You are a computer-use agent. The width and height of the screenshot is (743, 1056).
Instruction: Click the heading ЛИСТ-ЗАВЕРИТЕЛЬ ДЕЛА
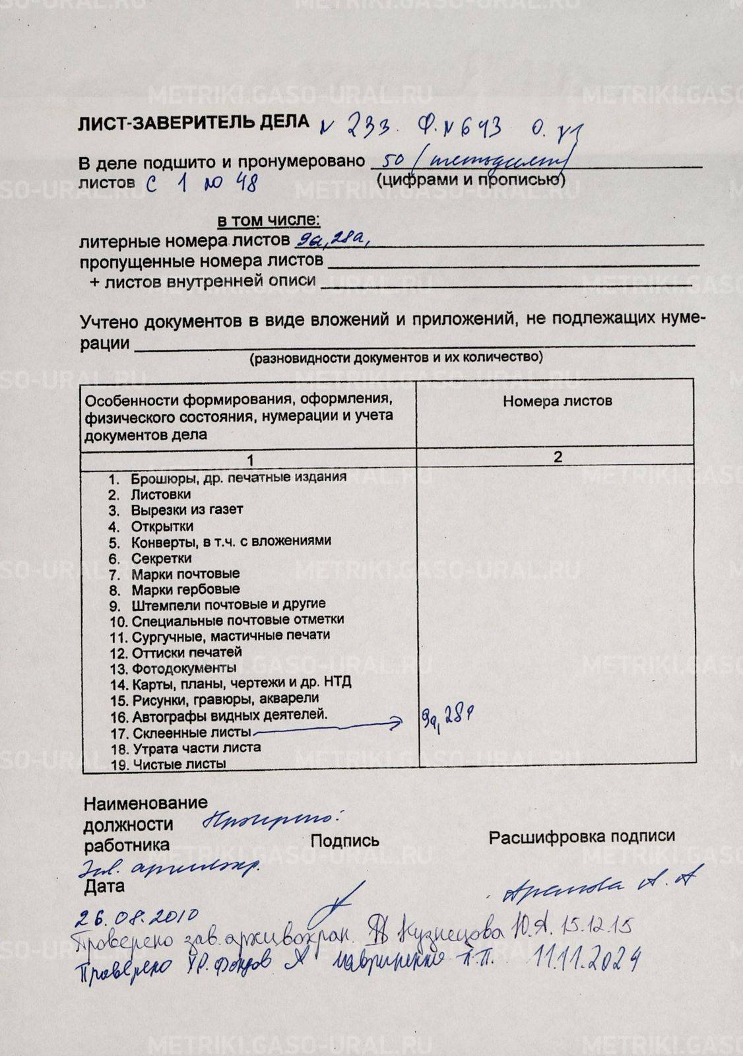click(x=193, y=122)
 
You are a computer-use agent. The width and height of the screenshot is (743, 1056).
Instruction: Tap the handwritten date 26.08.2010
click(x=137, y=918)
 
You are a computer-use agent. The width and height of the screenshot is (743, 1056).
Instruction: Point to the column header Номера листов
click(x=557, y=401)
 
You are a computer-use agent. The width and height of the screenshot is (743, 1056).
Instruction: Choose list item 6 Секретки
click(x=161, y=558)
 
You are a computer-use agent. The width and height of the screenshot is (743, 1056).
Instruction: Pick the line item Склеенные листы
click(x=191, y=733)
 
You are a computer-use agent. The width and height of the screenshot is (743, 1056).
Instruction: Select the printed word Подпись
click(x=344, y=840)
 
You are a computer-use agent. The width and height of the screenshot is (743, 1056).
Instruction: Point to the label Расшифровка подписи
click(x=581, y=836)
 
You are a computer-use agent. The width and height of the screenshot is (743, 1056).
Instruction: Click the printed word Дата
click(x=104, y=887)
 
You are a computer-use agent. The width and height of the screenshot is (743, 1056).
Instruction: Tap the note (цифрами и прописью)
click(x=470, y=180)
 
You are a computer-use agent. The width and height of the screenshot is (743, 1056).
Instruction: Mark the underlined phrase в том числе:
click(x=269, y=220)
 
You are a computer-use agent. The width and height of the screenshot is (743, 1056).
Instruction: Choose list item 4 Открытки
click(x=162, y=526)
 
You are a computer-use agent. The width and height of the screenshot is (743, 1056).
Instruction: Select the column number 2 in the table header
click(x=558, y=457)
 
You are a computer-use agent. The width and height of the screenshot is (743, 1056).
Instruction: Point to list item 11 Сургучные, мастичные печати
click(x=230, y=636)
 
